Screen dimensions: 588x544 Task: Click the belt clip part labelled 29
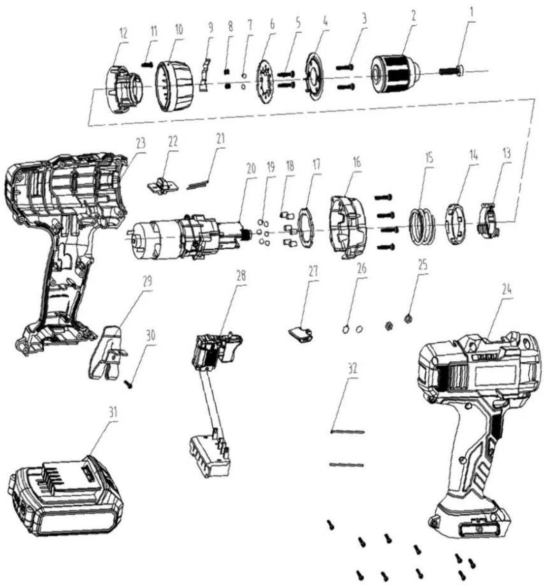(108, 352)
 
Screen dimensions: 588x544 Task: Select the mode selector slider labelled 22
(160, 186)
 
